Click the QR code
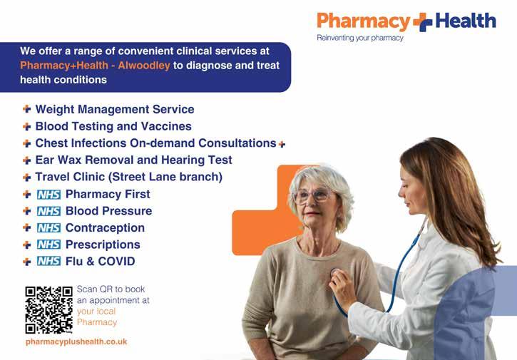tap(48, 310)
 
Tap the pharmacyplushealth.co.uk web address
tap(76, 342)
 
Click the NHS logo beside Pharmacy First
tap(48, 195)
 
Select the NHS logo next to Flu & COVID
tap(48, 262)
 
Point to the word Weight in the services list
tap(55, 110)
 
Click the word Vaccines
tap(166, 126)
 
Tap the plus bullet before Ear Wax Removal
tap(26, 160)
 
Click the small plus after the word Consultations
tap(282, 144)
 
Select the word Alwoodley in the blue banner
tap(144, 66)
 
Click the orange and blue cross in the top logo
tap(423, 22)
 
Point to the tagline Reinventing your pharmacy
tap(360, 38)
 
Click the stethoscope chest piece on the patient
tap(334, 273)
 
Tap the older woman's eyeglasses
tap(312, 195)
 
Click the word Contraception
tap(105, 228)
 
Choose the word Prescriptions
tap(103, 245)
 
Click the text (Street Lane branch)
tap(165, 177)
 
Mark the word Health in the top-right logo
tap(466, 21)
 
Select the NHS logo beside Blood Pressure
tap(48, 211)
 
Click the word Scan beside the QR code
tap(87, 289)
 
